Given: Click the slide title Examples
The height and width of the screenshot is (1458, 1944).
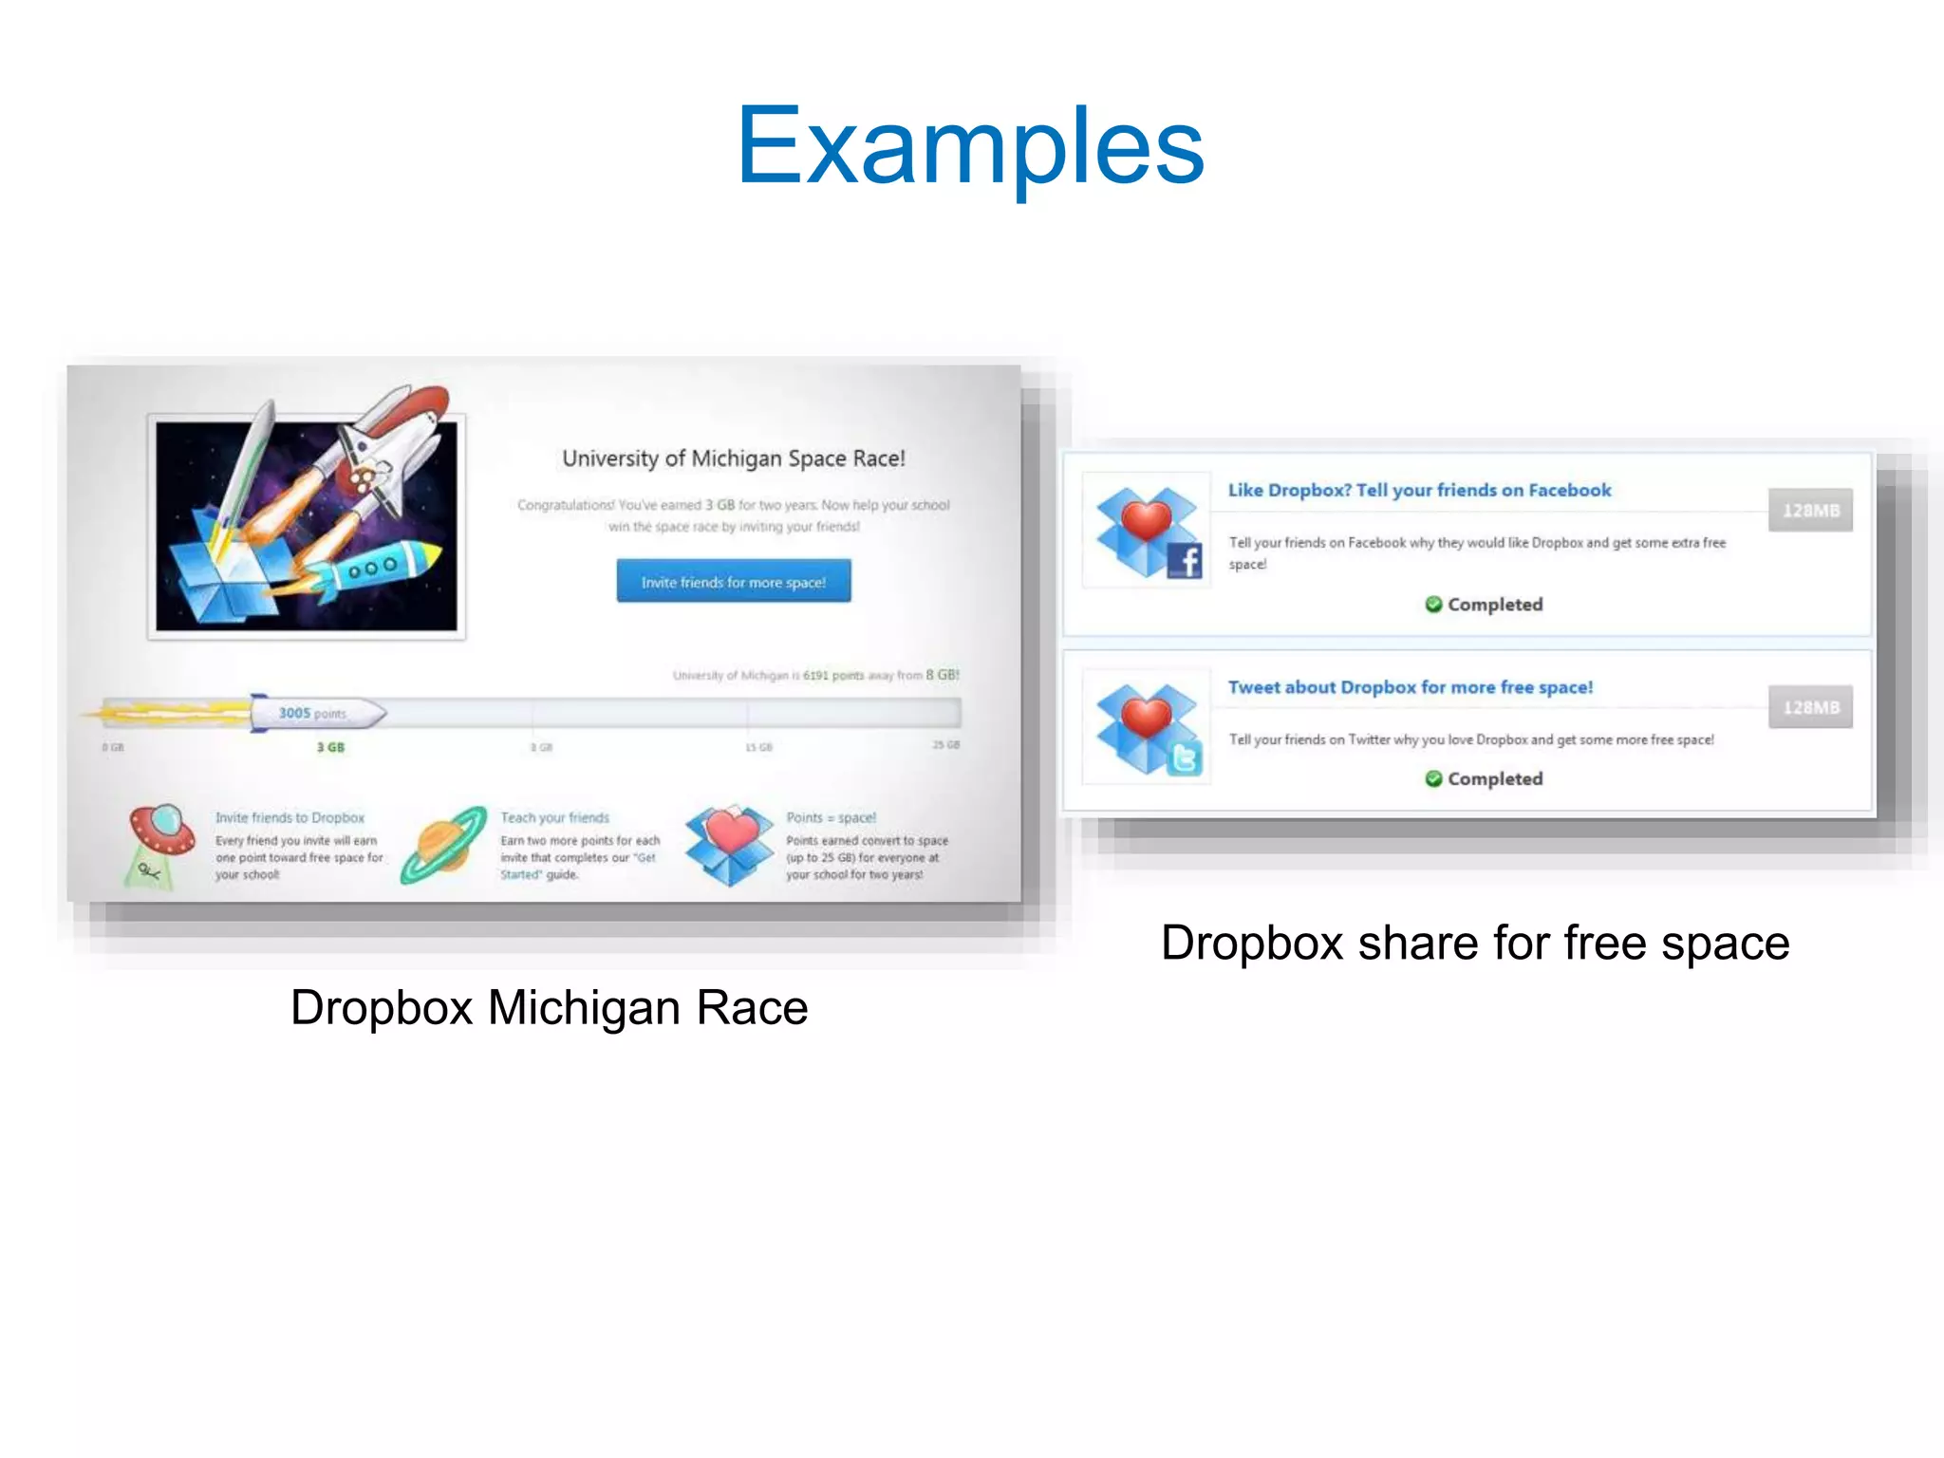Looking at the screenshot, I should click(x=970, y=146).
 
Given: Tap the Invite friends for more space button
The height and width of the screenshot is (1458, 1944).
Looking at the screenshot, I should click(x=733, y=581).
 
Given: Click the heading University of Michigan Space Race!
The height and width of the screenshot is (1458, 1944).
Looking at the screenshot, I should click(x=733, y=458).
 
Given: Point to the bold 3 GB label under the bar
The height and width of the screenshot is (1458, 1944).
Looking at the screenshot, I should click(x=330, y=748).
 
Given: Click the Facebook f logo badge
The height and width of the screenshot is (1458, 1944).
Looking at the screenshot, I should click(x=1184, y=560).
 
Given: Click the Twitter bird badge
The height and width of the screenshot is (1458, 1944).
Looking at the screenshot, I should click(x=1184, y=757).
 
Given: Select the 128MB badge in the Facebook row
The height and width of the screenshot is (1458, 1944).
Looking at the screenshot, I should click(x=1809, y=511).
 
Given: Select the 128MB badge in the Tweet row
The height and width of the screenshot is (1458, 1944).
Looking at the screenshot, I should click(x=1809, y=707).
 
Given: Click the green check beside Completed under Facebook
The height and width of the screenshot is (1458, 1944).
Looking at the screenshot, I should click(x=1433, y=605).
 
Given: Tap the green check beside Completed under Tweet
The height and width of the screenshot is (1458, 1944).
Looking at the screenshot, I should click(x=1433, y=778).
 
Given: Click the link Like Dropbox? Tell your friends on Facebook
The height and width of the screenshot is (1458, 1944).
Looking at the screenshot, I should click(x=1419, y=490).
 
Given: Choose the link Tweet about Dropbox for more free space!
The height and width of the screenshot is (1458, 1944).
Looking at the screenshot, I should click(x=1410, y=687).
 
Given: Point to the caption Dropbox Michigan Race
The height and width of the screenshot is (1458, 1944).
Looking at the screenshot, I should click(x=549, y=1007).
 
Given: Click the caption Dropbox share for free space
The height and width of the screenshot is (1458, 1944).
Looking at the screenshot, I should click(x=1475, y=943).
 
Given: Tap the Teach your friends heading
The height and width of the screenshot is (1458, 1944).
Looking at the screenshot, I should click(x=554, y=817).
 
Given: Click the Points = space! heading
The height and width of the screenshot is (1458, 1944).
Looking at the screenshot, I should click(x=831, y=817).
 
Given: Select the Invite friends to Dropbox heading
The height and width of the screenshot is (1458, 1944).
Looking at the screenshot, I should click(x=290, y=817).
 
